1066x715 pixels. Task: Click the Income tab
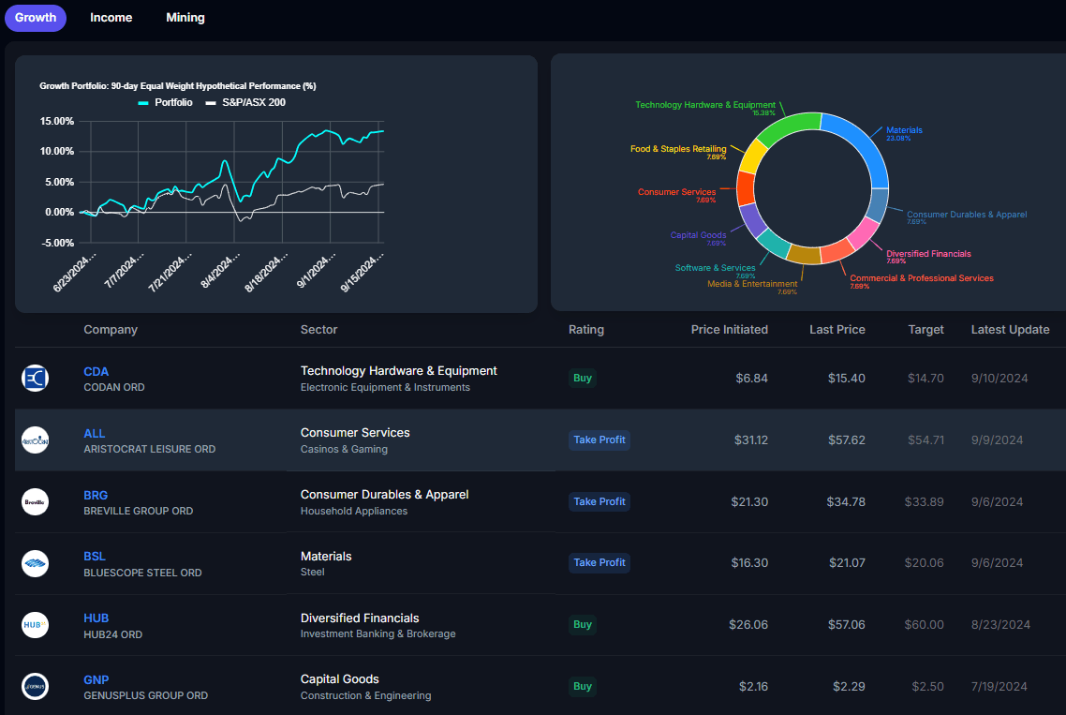click(111, 18)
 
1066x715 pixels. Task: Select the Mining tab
click(185, 18)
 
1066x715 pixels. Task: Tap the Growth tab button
click(36, 18)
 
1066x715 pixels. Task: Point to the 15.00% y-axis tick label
click(57, 121)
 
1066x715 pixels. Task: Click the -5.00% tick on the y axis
click(57, 243)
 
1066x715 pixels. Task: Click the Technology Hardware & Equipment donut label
click(704, 105)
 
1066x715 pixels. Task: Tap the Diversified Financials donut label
click(927, 254)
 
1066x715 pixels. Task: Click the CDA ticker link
click(96, 371)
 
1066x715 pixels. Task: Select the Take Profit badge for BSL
click(599, 562)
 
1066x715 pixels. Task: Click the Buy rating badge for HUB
click(583, 624)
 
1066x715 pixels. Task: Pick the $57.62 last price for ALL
click(846, 439)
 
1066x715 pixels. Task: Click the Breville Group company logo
click(35, 501)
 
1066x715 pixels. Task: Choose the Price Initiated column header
click(729, 330)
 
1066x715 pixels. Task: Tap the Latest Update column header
click(1010, 330)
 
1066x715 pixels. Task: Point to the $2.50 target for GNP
click(927, 687)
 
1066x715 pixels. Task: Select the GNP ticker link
click(96, 679)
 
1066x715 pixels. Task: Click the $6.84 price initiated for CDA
click(749, 378)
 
